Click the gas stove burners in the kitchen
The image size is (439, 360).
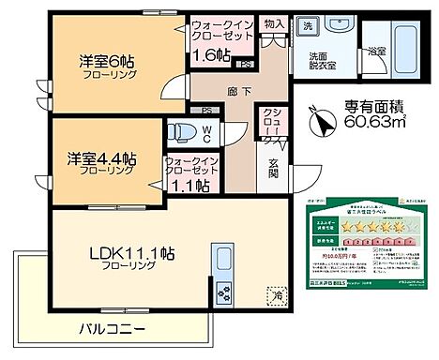point(224,292)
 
